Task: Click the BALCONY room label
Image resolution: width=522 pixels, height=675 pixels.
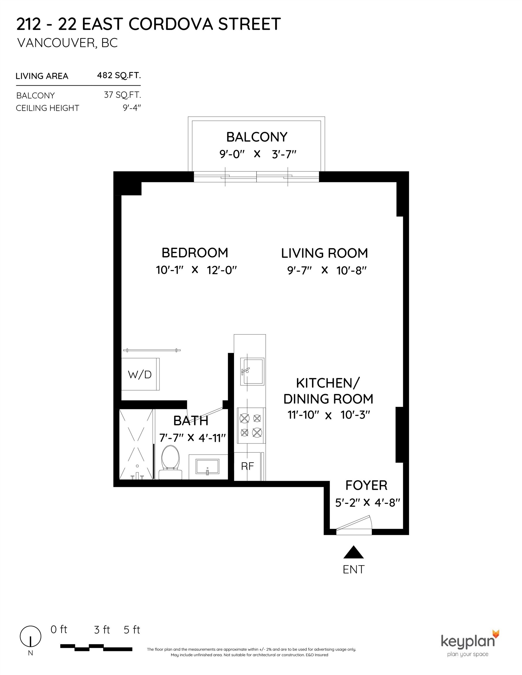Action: pos(257,137)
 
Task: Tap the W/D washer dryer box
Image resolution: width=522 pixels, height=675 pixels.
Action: pos(140,374)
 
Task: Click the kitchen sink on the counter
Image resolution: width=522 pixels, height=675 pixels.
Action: pos(252,371)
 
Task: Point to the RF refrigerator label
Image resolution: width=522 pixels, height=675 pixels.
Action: pos(247,466)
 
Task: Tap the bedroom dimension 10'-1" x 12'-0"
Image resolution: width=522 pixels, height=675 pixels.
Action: pos(196,270)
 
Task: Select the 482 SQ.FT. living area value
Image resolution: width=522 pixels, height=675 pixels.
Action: pos(119,75)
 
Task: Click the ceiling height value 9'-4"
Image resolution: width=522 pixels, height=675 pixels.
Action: pos(132,108)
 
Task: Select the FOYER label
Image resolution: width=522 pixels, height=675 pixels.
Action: pos(366,485)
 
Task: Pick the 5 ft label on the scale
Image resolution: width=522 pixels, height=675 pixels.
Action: pos(132,630)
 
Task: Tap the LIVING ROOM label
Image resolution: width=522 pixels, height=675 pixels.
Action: pos(324,253)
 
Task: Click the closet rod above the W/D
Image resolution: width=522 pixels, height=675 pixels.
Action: pos(152,350)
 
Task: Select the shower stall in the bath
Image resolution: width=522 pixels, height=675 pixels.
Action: pos(136,444)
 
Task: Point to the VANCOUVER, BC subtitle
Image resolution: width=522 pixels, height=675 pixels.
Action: pos(67,43)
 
